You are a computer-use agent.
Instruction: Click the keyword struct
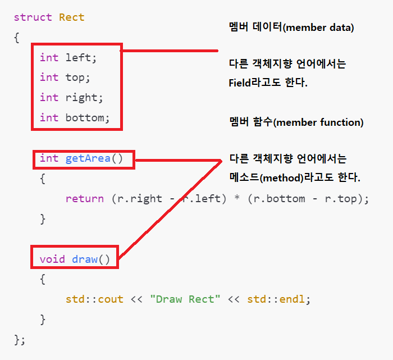click(x=33, y=17)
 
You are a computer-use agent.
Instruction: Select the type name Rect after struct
click(x=71, y=17)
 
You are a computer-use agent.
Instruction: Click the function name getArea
click(x=88, y=158)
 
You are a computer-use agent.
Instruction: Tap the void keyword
click(x=52, y=259)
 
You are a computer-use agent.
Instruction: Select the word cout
click(x=110, y=299)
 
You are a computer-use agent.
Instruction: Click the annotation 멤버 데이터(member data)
click(x=291, y=27)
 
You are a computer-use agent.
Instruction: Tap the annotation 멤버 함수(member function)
click(x=296, y=122)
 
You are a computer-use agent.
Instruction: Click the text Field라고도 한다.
click(x=268, y=83)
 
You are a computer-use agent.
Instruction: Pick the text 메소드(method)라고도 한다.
click(x=295, y=177)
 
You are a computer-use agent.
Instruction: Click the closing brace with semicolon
click(x=20, y=339)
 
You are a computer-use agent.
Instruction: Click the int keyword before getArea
click(x=49, y=158)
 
